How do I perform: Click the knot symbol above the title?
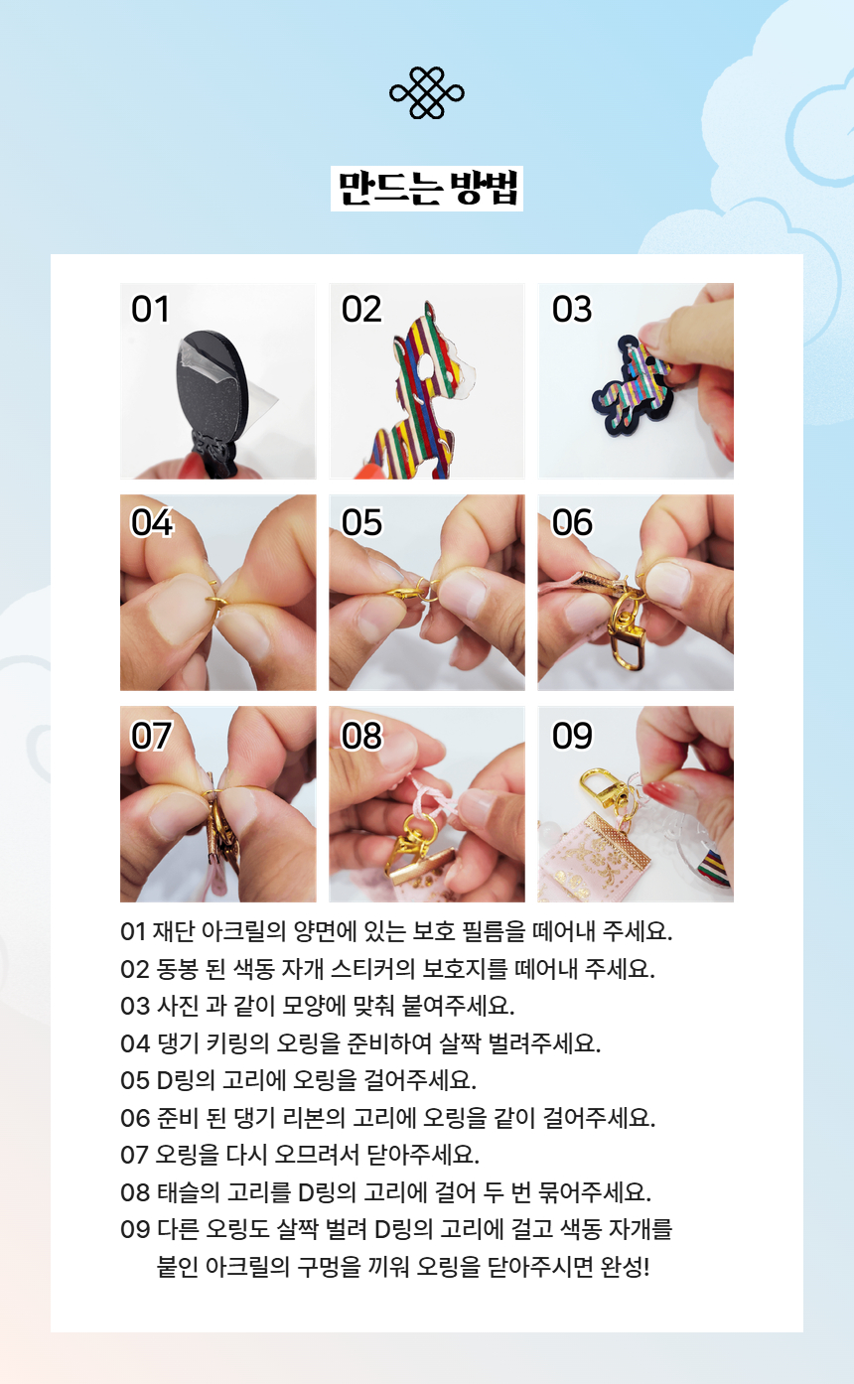[426, 92]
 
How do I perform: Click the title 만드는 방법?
[427, 189]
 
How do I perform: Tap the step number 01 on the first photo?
[150, 310]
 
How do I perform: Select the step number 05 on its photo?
[361, 522]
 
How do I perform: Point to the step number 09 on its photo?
[572, 736]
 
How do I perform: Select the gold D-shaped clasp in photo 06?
[626, 642]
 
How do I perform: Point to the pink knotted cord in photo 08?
[433, 800]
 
